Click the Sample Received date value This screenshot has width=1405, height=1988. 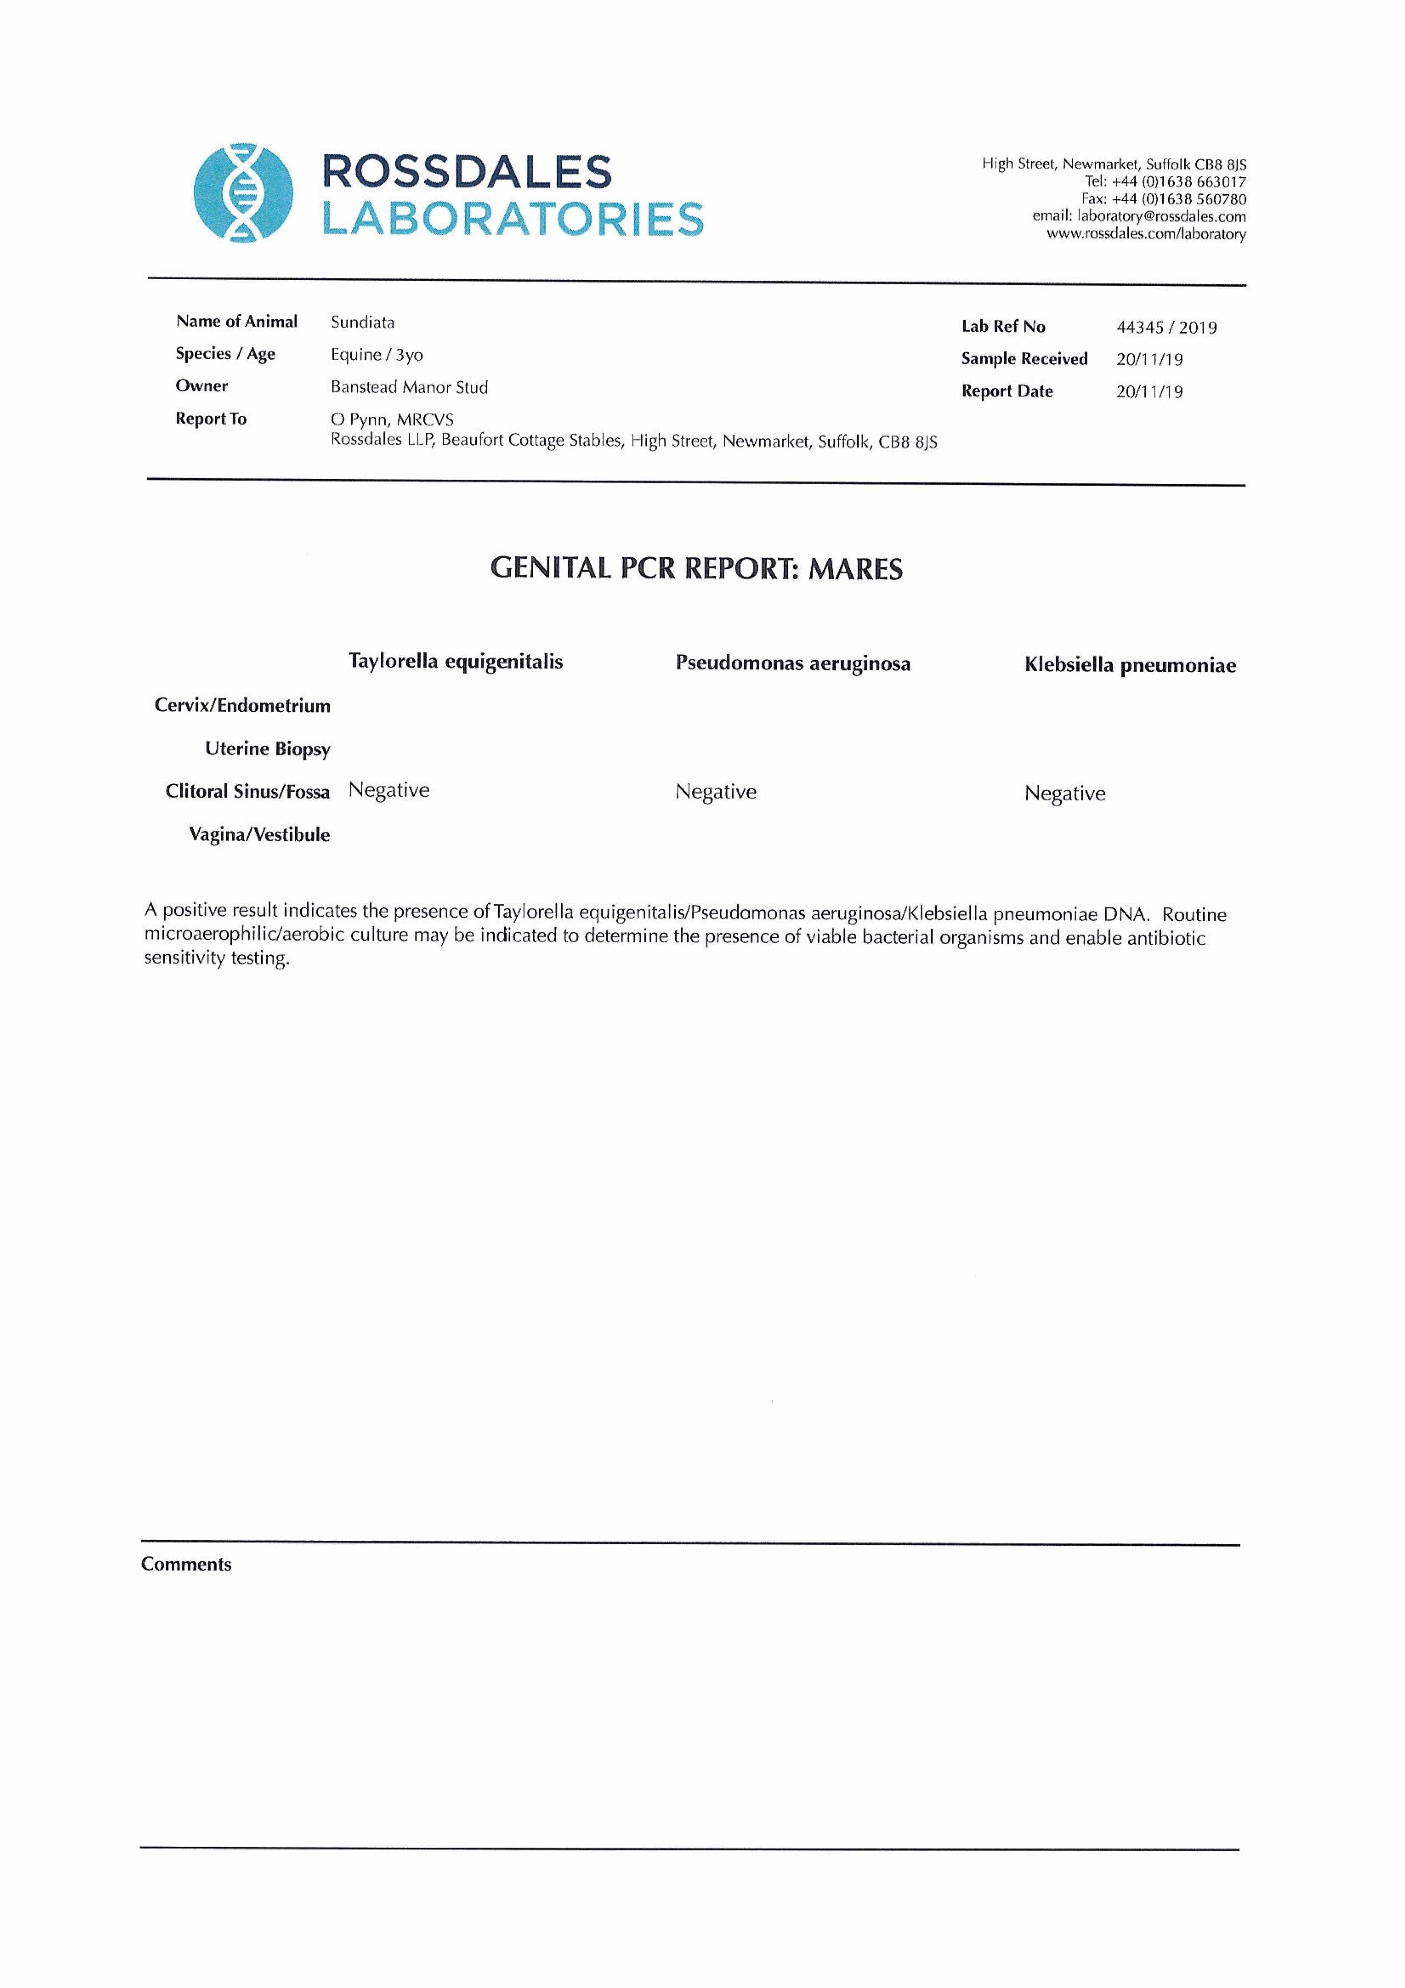[1149, 359]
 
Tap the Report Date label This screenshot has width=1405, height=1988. [1007, 391]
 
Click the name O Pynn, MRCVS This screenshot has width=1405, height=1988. [392, 420]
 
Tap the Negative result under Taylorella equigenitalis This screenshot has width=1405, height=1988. [389, 790]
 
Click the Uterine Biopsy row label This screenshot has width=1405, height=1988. [268, 749]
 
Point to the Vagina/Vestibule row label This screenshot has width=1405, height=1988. [260, 835]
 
